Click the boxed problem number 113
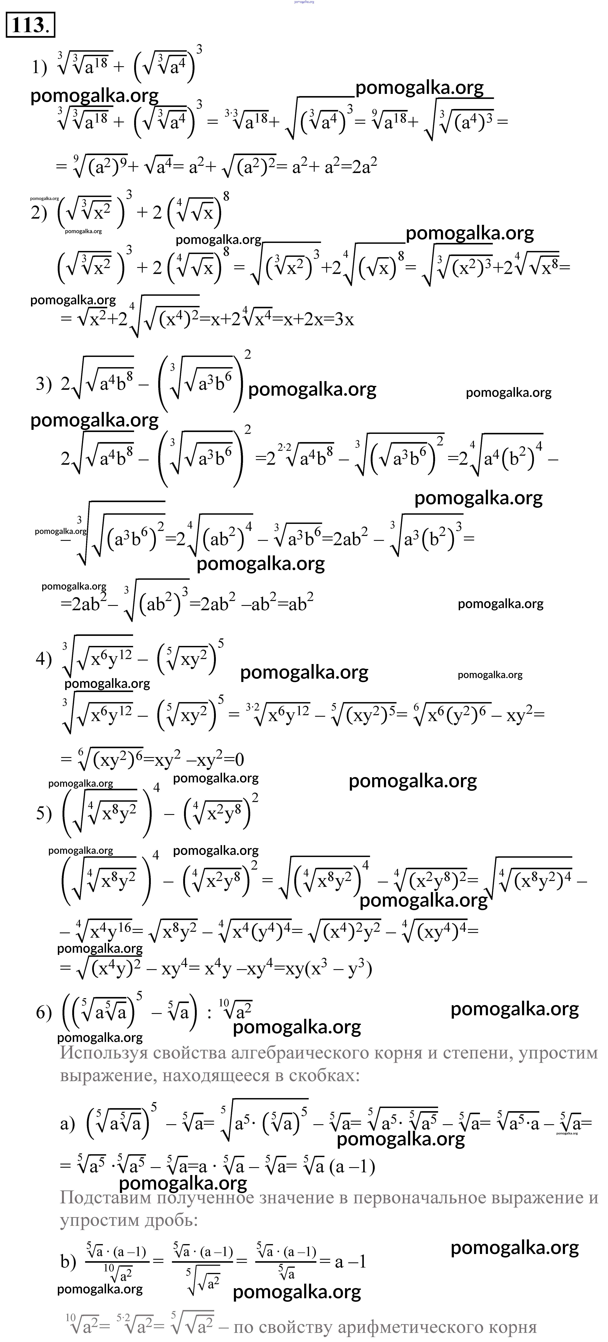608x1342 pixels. tap(30, 26)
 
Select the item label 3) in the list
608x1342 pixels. tap(44, 384)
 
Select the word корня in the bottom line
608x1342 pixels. tap(513, 1326)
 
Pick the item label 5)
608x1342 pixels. tap(44, 814)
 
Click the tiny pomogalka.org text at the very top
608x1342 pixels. tap(304, 2)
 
